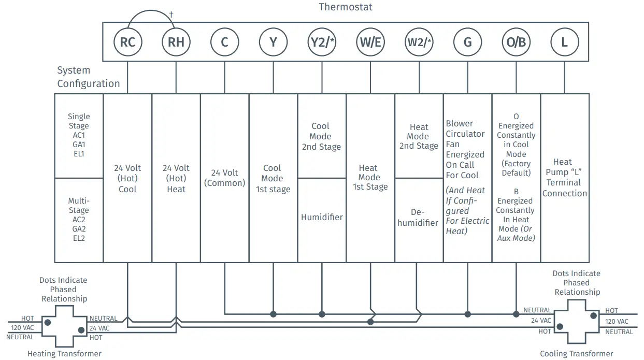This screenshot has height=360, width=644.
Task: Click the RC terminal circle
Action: point(127,42)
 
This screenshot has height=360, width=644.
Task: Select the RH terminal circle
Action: point(176,42)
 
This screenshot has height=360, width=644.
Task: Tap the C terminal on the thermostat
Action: point(224,42)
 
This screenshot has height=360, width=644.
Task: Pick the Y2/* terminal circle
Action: point(322,42)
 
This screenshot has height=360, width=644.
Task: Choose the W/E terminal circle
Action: point(370,42)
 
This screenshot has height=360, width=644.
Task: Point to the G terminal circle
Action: point(468,42)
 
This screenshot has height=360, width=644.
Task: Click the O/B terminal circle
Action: point(516,42)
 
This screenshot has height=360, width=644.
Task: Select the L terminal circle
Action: point(565,42)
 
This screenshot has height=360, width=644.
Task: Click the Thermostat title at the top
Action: point(346,7)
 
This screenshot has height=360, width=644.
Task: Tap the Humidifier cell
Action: point(322,218)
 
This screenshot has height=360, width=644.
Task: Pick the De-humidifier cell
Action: point(419,218)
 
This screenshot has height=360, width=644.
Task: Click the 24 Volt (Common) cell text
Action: point(224,178)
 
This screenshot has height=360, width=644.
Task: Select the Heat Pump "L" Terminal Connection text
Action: point(565,178)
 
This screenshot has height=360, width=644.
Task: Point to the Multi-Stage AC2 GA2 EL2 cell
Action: point(79,220)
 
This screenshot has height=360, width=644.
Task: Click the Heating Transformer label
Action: point(64,354)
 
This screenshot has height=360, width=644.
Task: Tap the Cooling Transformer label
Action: point(577,354)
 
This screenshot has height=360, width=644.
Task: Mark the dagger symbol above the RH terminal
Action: point(171,14)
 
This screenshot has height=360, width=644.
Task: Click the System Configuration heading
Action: point(88,77)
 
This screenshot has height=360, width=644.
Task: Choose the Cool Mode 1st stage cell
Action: point(273,179)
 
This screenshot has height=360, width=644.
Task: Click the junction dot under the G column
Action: point(468,314)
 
